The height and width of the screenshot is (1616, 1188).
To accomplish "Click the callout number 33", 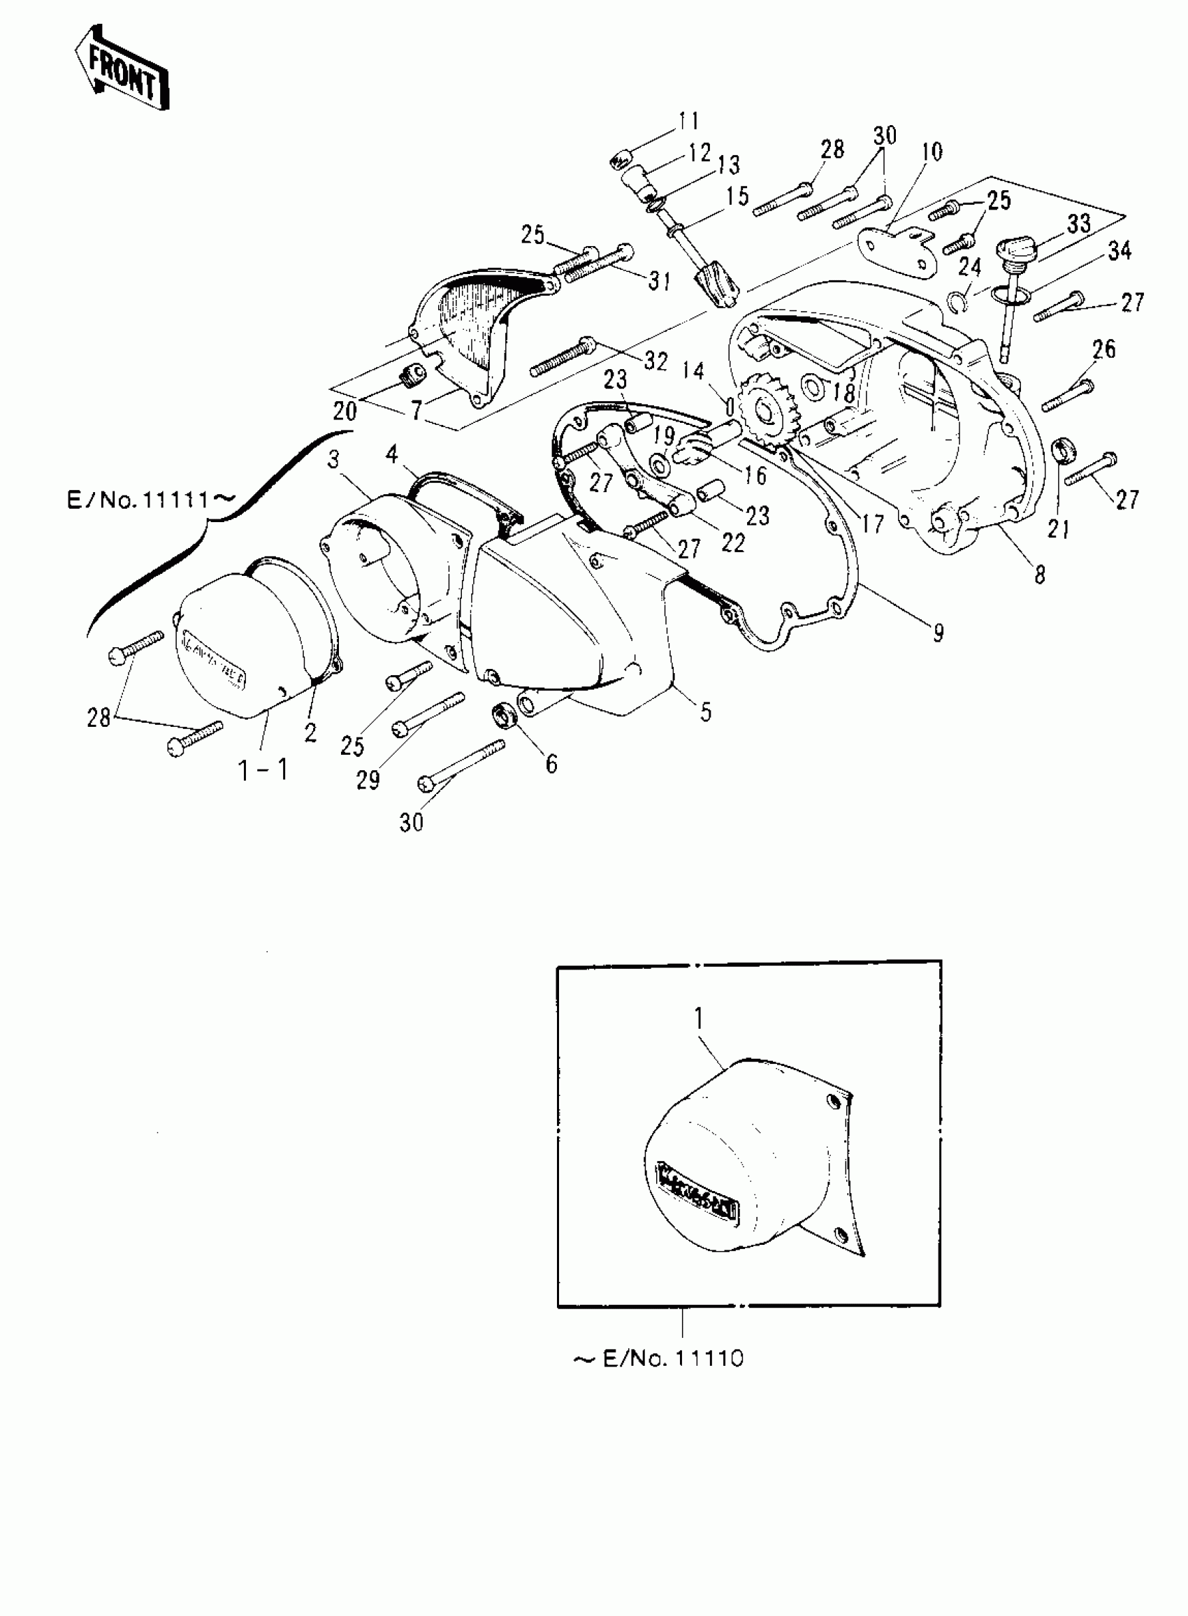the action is pyautogui.click(x=1078, y=224).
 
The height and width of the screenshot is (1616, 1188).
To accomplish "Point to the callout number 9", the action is pyautogui.click(x=939, y=633).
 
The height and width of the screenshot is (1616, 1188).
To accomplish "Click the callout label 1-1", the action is pyautogui.click(x=263, y=770).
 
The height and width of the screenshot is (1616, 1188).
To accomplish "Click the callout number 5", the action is pyautogui.click(x=706, y=712).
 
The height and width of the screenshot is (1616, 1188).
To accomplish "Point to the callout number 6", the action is pyautogui.click(x=551, y=764).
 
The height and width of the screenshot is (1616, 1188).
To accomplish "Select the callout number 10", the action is pyautogui.click(x=932, y=152).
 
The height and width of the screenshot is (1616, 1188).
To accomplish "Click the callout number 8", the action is pyautogui.click(x=1040, y=574).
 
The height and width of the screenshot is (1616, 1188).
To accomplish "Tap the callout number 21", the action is pyautogui.click(x=1058, y=529).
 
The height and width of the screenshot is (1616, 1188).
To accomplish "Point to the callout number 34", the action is pyautogui.click(x=1119, y=251).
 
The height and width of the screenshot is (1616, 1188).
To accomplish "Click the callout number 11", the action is pyautogui.click(x=688, y=121).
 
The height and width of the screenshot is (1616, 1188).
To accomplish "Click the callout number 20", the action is pyautogui.click(x=345, y=411).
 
